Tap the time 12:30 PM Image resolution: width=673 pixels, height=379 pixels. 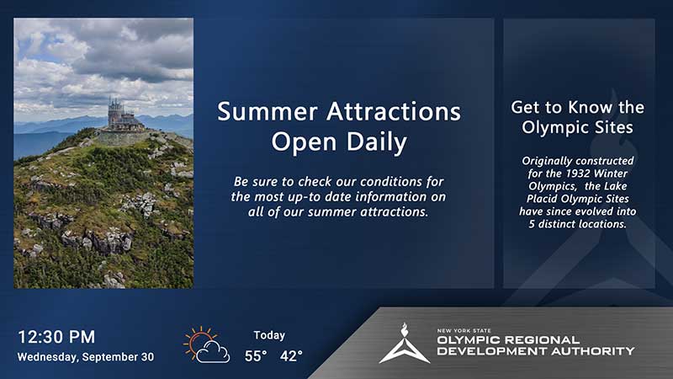[56, 337]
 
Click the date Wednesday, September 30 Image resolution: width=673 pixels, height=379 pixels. [86, 357]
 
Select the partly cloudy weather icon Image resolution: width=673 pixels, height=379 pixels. [206, 344]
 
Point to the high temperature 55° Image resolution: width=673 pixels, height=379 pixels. [256, 355]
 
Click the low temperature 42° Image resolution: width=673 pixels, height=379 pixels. [291, 355]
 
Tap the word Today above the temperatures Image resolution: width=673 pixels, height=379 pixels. [269, 335]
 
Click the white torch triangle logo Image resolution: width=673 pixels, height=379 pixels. [404, 344]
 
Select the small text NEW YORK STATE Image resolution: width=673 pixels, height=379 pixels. [464, 330]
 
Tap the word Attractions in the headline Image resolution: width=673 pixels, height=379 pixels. [394, 112]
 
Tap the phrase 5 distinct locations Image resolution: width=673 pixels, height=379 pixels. [578, 224]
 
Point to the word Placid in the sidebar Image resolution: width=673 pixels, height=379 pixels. [543, 199]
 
